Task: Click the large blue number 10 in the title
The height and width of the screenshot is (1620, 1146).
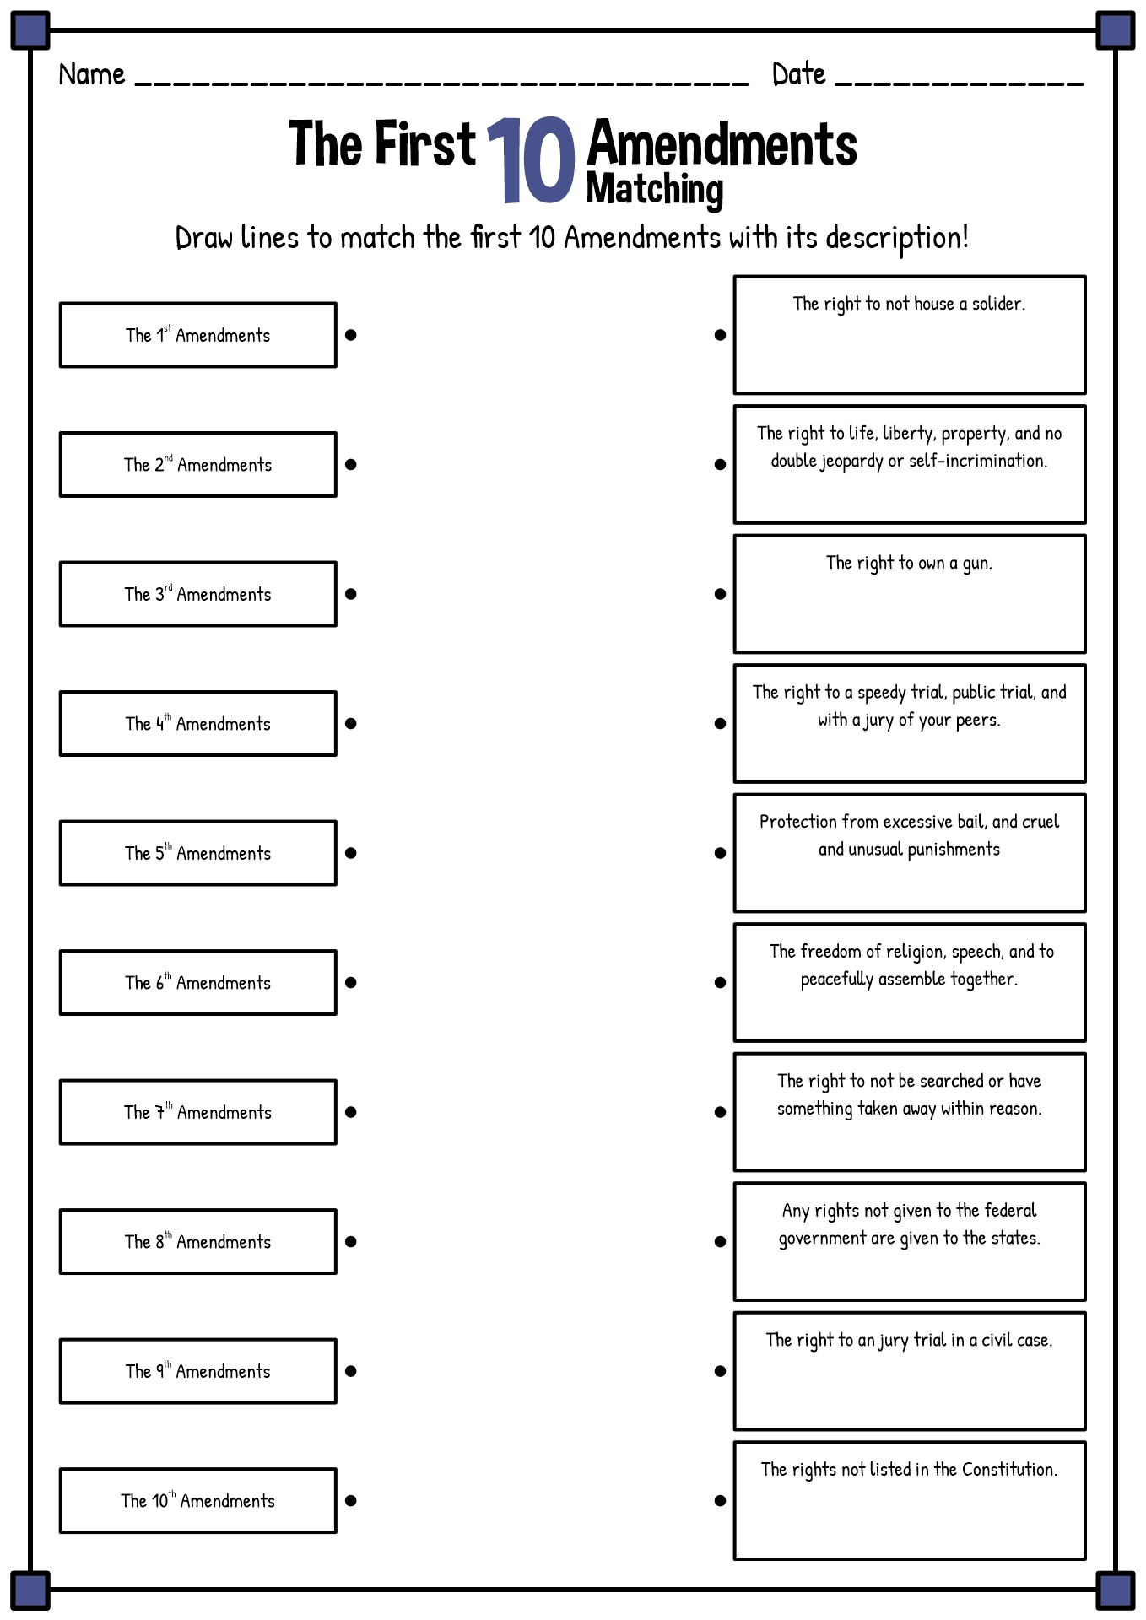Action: (531, 160)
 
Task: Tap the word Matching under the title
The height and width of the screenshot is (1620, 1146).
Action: (655, 189)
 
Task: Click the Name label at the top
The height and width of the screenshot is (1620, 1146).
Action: (92, 74)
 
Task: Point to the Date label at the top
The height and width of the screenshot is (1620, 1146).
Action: (798, 74)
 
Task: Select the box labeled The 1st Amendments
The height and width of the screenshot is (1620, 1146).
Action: (198, 335)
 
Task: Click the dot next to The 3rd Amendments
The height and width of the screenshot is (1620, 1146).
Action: (351, 594)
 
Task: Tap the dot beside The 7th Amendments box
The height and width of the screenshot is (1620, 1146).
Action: (351, 1112)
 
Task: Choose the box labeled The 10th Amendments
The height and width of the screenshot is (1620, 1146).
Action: (198, 1500)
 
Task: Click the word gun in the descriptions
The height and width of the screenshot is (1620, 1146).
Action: (977, 564)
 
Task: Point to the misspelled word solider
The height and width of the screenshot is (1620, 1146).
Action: (998, 304)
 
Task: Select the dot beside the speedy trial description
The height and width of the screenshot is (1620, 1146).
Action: (720, 723)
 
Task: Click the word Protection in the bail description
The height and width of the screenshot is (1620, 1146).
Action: (797, 822)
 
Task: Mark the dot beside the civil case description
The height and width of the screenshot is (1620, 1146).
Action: (720, 1371)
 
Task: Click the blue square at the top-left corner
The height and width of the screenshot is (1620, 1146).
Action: (30, 30)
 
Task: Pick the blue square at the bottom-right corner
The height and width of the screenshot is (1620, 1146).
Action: (1116, 1590)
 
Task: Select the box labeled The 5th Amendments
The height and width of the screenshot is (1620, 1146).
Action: (198, 853)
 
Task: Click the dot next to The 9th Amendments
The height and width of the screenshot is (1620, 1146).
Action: (351, 1371)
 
